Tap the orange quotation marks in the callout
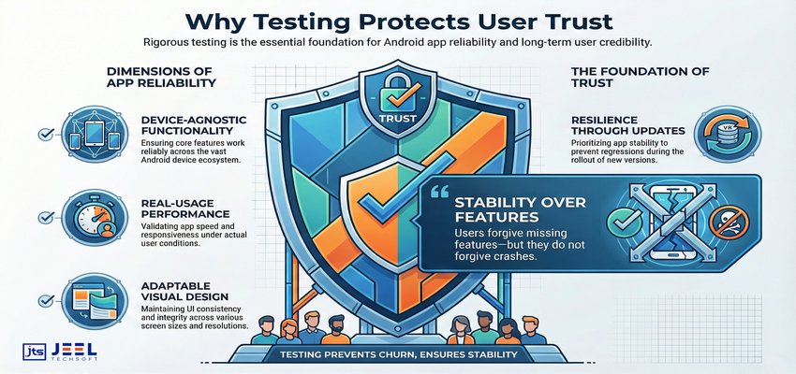436,194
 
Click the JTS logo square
34,352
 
